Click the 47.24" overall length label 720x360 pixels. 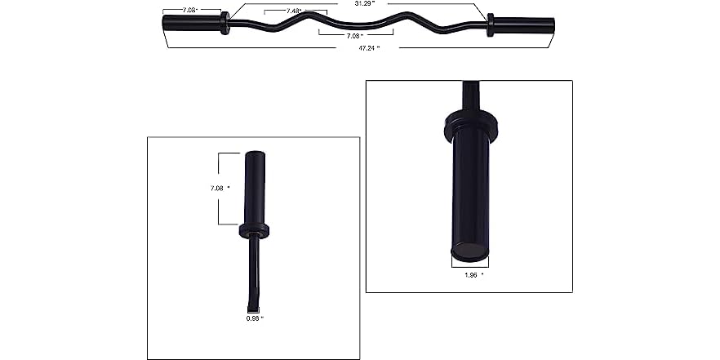coord(360,49)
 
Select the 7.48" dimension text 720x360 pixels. coord(294,11)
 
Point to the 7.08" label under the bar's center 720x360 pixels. coord(355,37)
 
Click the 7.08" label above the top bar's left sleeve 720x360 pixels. coord(189,11)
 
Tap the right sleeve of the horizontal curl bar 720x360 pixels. coord(524,24)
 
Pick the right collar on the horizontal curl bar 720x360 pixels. coord(490,24)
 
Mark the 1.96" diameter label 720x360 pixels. coord(471,275)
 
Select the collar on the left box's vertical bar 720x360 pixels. coord(255,230)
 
